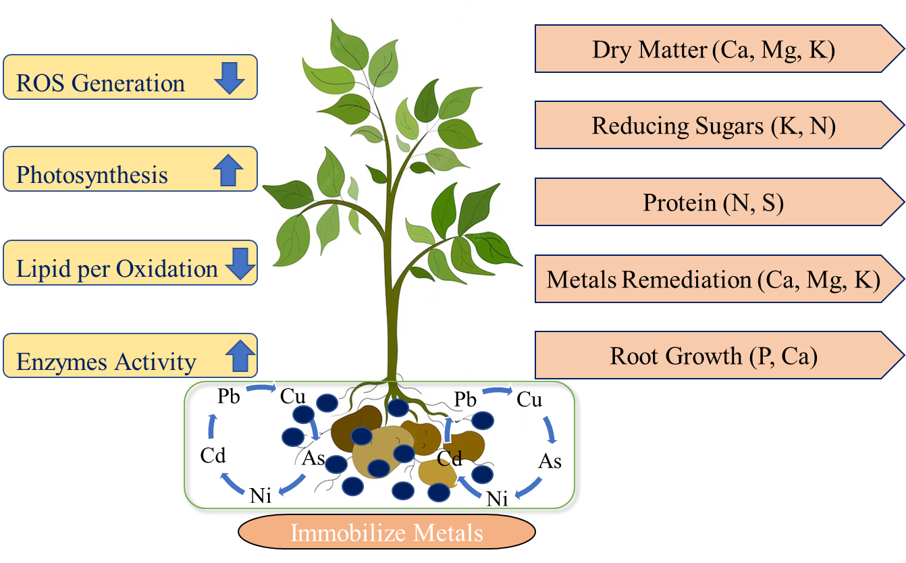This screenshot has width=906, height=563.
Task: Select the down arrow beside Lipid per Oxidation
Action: tap(240, 265)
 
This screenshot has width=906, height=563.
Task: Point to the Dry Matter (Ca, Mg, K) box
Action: tap(714, 50)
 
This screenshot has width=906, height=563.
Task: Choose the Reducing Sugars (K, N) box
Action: tap(714, 126)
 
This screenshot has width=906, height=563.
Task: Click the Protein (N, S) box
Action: tap(714, 203)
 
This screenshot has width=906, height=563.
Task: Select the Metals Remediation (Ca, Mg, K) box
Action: tap(714, 279)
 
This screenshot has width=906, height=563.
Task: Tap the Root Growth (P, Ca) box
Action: tap(714, 356)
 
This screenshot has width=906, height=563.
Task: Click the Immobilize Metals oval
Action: tap(387, 533)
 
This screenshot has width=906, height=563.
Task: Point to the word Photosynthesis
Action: tap(92, 176)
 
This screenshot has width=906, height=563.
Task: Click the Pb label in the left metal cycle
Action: tap(230, 396)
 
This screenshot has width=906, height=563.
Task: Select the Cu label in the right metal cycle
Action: tap(529, 400)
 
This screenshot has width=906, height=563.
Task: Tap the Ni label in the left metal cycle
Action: tap(260, 495)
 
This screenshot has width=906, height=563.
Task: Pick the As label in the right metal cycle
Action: tap(550, 461)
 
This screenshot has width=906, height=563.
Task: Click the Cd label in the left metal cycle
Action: tap(213, 456)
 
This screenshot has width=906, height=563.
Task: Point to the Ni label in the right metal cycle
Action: tap(497, 499)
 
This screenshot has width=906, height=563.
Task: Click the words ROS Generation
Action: tap(101, 83)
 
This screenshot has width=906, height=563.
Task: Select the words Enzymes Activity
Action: tap(106, 362)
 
